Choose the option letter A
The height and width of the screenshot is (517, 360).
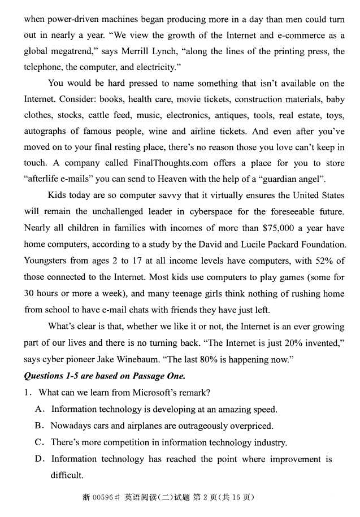(39, 409)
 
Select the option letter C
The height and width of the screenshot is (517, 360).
(39, 442)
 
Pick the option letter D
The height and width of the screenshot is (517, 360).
(39, 459)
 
